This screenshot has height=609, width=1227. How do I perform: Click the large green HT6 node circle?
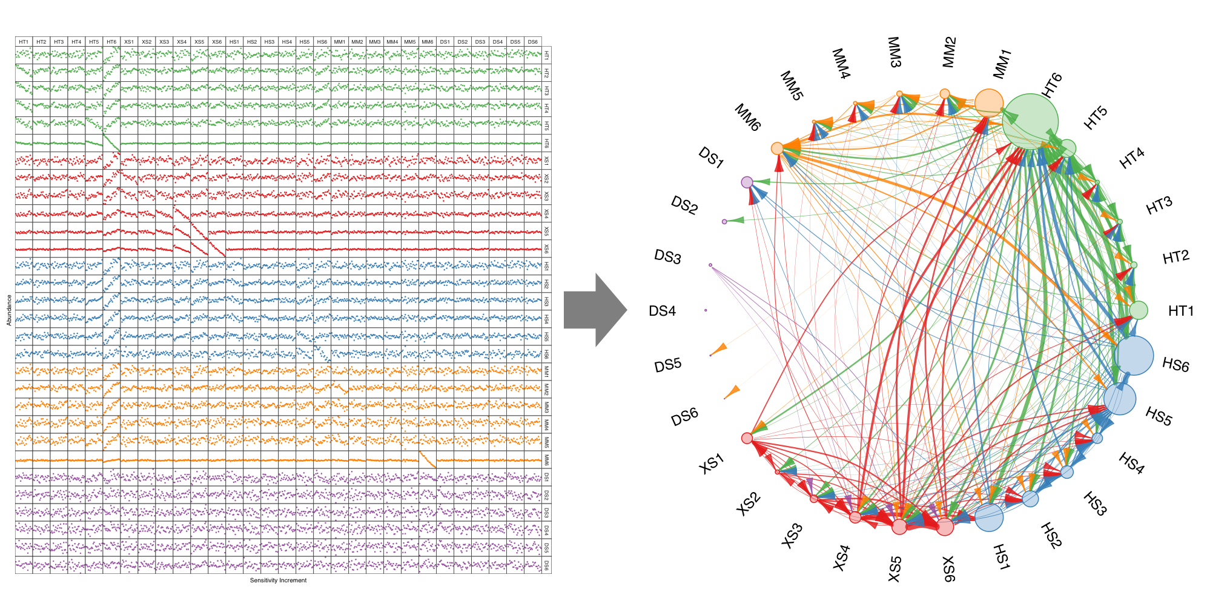[x=1030, y=121]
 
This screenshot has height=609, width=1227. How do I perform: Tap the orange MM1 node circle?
[x=988, y=102]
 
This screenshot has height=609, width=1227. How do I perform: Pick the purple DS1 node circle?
[x=747, y=182]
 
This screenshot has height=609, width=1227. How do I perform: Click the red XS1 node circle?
[x=747, y=438]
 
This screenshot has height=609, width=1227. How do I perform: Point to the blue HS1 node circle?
[x=989, y=517]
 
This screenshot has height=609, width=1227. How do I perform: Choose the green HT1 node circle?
[x=1139, y=310]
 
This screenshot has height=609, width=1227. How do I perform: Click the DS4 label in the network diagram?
[x=662, y=311]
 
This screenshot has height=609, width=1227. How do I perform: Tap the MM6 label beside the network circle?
[x=747, y=117]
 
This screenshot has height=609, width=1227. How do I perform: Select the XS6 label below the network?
[x=948, y=569]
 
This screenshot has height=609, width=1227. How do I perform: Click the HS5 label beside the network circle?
[x=1159, y=416]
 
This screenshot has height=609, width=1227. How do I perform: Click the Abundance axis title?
[x=9, y=310]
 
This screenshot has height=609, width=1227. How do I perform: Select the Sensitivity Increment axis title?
[x=278, y=581]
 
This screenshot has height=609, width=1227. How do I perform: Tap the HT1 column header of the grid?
[x=24, y=42]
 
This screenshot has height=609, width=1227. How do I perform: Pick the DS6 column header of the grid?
[x=532, y=42]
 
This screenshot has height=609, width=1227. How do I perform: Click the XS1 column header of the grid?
[x=129, y=42]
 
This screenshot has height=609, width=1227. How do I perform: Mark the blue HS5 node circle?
[x=1119, y=399]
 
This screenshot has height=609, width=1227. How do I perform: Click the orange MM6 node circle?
[x=777, y=148]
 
